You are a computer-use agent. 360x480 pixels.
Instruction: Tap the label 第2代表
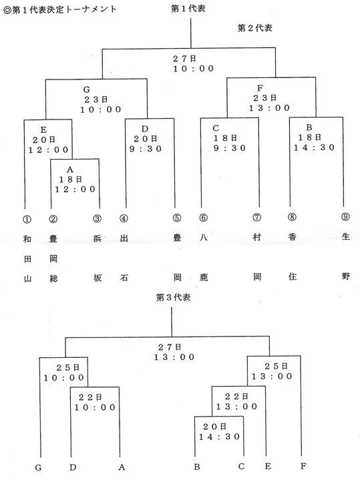(255, 28)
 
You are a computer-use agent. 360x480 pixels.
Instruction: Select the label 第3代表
(173, 297)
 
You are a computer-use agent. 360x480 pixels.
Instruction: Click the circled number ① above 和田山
(27, 219)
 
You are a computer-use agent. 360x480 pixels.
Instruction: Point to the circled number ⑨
(345, 217)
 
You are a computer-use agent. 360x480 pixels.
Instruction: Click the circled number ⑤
(177, 218)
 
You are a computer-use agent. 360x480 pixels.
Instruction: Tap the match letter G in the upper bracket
(87, 89)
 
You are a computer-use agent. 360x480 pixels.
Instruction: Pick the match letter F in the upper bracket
(260, 88)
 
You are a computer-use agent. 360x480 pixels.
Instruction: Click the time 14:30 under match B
(315, 148)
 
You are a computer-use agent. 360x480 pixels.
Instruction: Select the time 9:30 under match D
(146, 149)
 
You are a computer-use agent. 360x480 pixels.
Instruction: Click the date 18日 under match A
(70, 180)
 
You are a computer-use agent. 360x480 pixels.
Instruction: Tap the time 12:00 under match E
(48, 150)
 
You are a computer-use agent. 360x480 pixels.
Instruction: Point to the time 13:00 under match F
(269, 108)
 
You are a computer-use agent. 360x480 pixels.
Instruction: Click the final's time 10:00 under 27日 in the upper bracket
(193, 69)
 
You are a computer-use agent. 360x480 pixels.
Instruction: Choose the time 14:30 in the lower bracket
(219, 437)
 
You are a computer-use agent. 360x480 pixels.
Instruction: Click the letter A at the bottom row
(122, 467)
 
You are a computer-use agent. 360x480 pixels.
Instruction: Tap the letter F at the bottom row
(303, 466)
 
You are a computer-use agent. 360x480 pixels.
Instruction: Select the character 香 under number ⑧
(293, 236)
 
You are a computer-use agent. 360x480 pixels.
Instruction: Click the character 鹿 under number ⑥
(204, 277)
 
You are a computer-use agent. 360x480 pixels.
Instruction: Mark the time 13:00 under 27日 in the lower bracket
(174, 357)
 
